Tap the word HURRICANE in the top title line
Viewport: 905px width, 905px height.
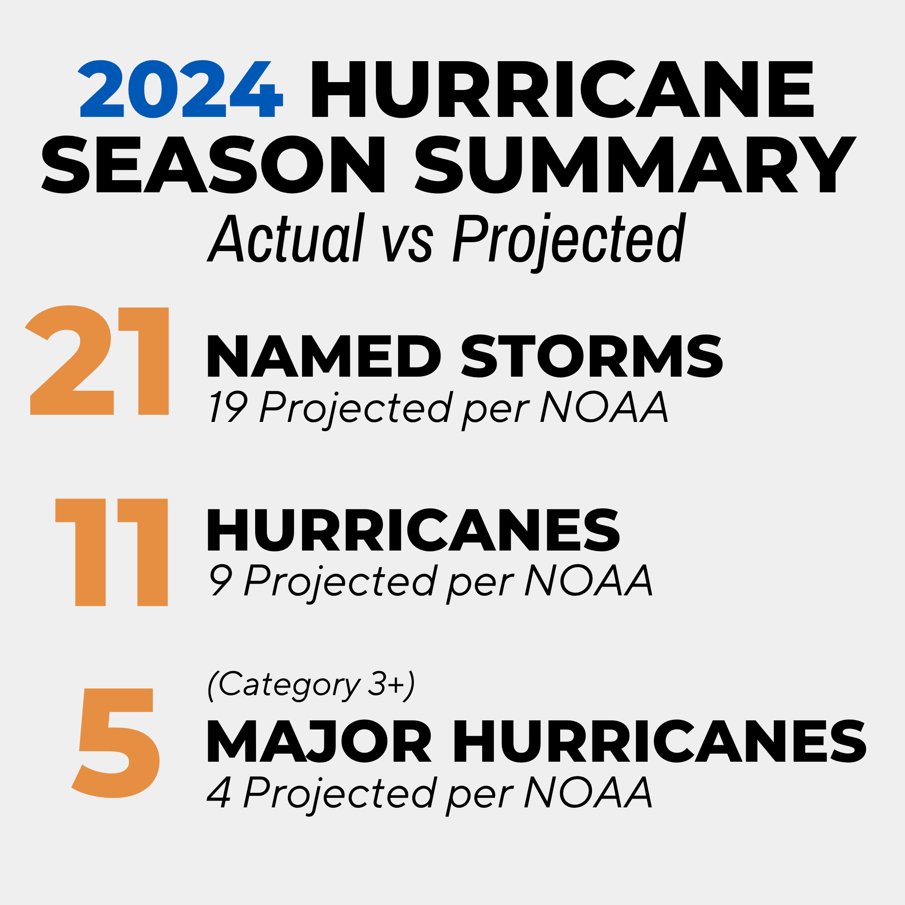[x=562, y=89]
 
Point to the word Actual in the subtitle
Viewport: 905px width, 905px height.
[x=286, y=238]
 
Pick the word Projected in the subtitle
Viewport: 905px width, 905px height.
[x=569, y=238]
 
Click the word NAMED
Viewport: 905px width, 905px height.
[x=323, y=357]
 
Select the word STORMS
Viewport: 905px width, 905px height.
[x=592, y=357]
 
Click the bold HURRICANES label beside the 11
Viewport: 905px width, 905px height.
[x=414, y=530]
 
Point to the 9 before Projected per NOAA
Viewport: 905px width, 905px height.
[x=220, y=580]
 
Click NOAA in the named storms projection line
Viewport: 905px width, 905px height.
[x=604, y=406]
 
